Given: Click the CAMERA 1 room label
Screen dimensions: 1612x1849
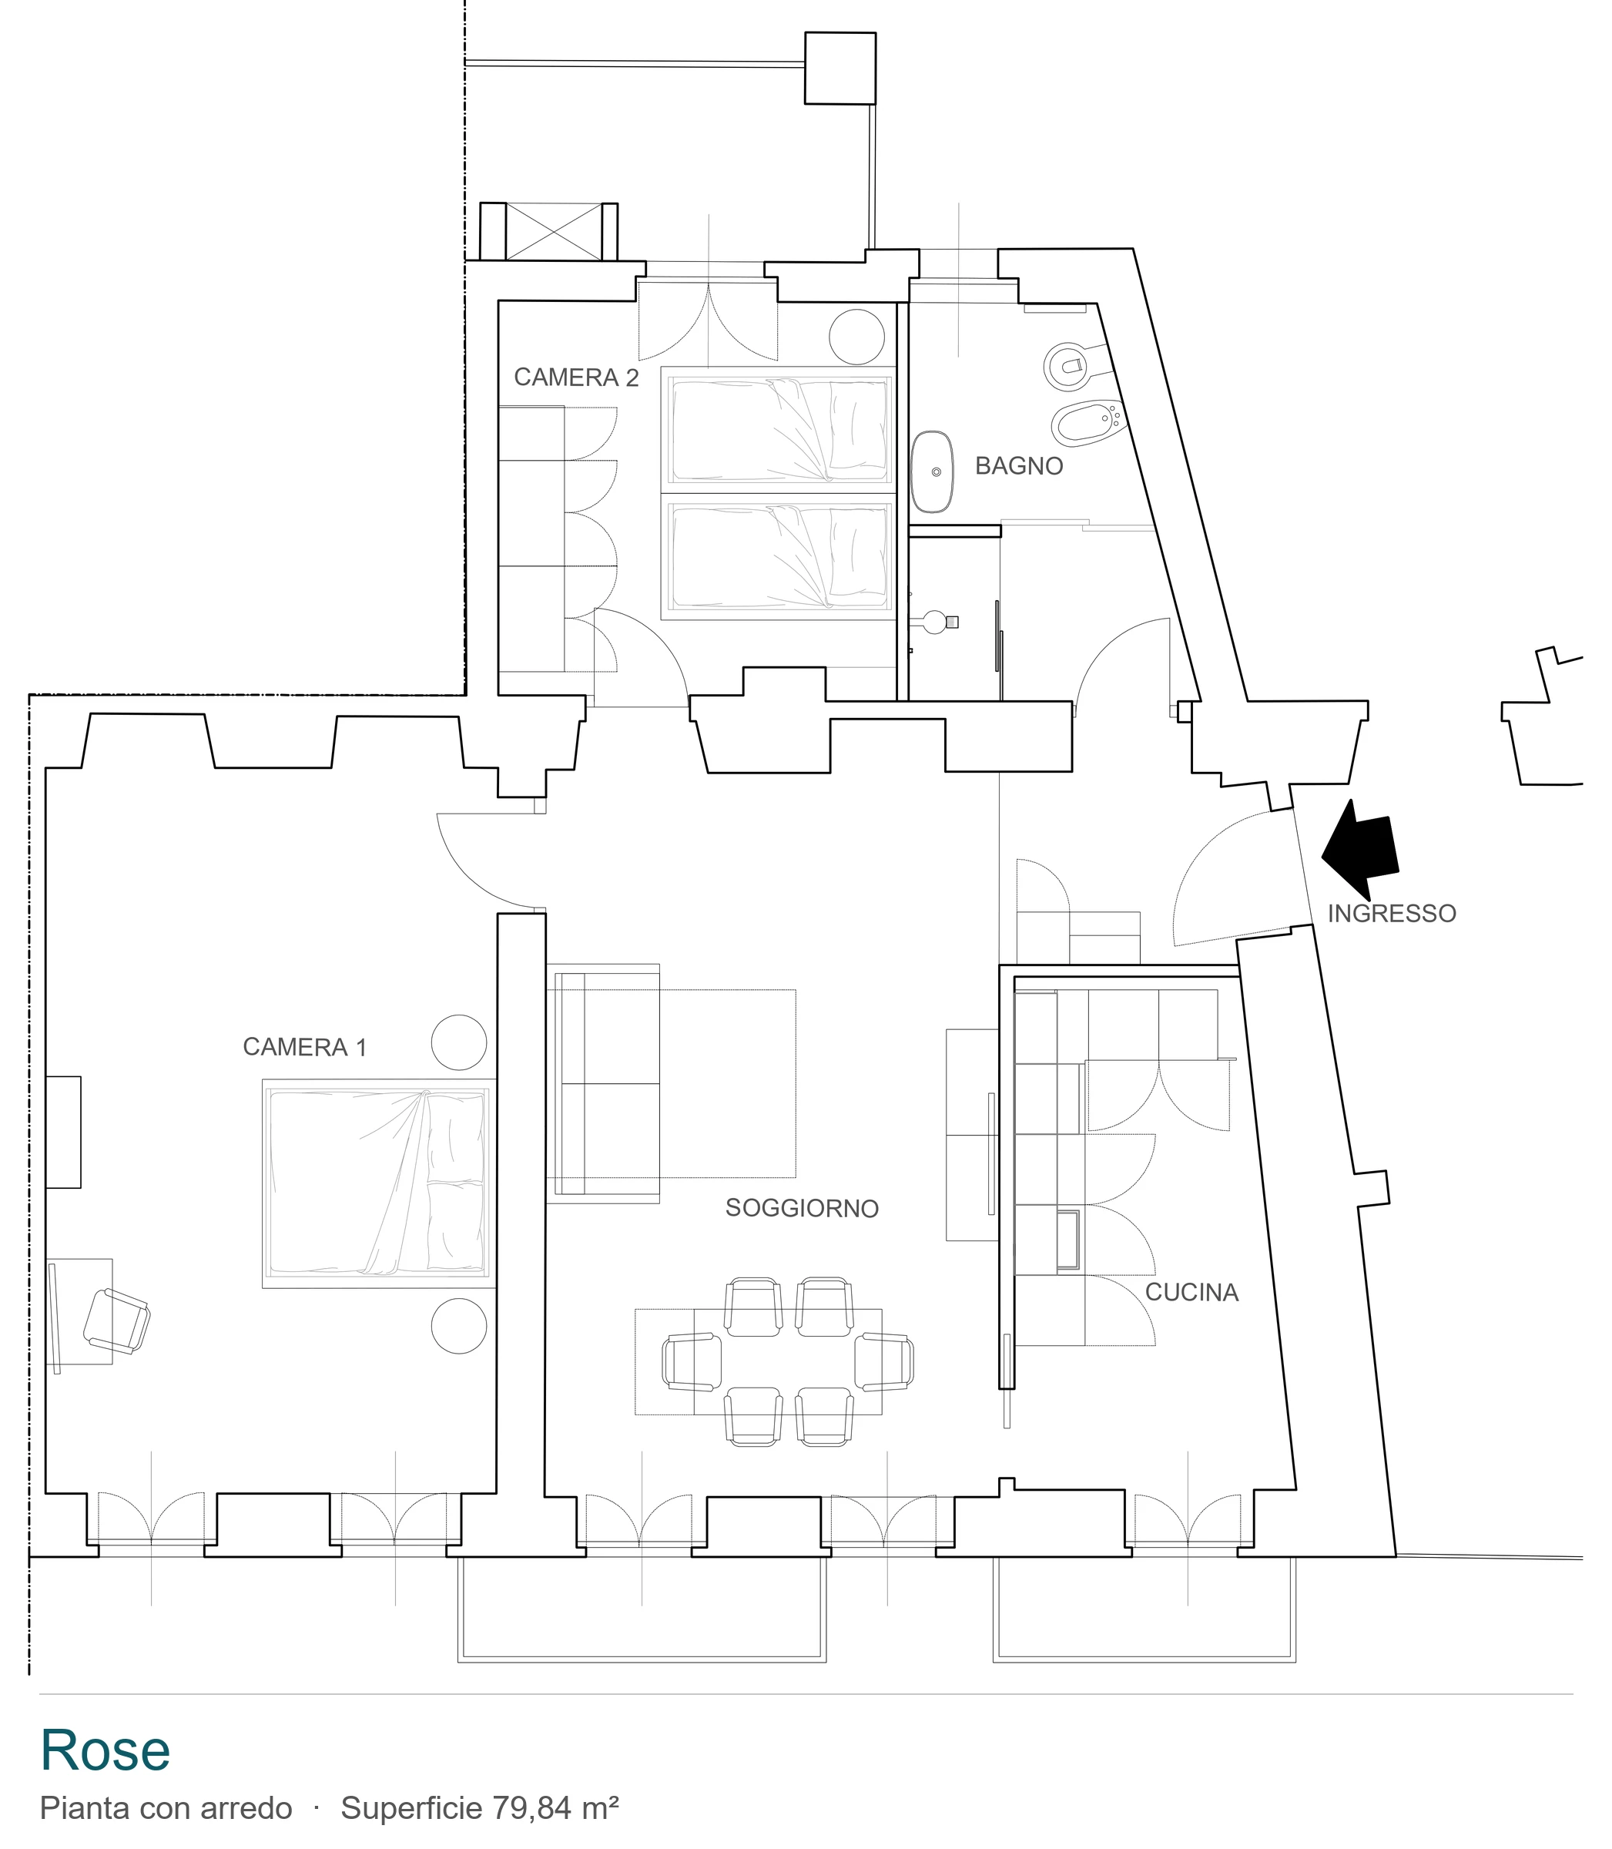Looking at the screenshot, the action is [x=305, y=1047].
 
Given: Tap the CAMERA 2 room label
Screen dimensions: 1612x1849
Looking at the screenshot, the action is [x=577, y=378].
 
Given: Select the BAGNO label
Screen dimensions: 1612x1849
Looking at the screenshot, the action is [x=1019, y=466].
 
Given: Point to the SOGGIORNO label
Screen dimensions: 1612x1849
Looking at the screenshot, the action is [x=803, y=1208].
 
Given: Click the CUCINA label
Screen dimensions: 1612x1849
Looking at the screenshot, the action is [x=1192, y=1293].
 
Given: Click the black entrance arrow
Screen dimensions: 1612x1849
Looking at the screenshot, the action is [x=1360, y=851].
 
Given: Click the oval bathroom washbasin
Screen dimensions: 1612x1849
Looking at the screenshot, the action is [x=932, y=471].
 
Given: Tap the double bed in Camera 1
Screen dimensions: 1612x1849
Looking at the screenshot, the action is [x=379, y=1183].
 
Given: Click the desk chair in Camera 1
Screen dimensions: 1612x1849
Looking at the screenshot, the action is [x=117, y=1320].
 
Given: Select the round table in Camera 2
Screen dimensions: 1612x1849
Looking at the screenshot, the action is [x=857, y=337].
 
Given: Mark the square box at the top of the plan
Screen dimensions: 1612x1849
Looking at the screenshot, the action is [x=840, y=69].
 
